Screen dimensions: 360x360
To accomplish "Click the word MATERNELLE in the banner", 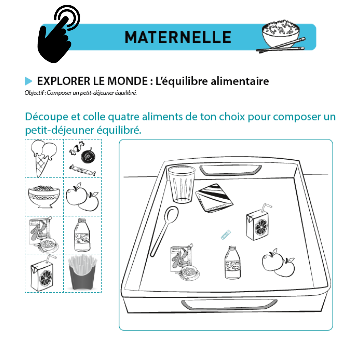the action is pyautogui.click(x=178, y=37).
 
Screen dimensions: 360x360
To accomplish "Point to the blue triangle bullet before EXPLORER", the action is pyautogui.click(x=28, y=81).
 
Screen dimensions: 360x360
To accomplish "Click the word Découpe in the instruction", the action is pyautogui.click(x=47, y=117).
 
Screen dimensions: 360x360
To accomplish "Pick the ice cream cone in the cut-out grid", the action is pyautogui.click(x=44, y=158).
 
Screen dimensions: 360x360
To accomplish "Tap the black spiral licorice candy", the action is pyautogui.click(x=88, y=156).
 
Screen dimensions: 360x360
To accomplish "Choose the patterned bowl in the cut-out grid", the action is pyautogui.click(x=44, y=197).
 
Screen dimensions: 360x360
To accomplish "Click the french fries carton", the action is pyautogui.click(x=83, y=273).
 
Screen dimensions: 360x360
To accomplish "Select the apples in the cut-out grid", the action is pyautogui.click(x=82, y=197).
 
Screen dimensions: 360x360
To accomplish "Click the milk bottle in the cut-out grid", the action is pyautogui.click(x=82, y=235).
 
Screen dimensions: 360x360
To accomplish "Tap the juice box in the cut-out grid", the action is pyautogui.click(x=43, y=274).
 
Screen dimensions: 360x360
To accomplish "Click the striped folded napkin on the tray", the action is pyautogui.click(x=214, y=198).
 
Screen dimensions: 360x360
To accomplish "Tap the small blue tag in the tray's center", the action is pyautogui.click(x=225, y=235).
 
